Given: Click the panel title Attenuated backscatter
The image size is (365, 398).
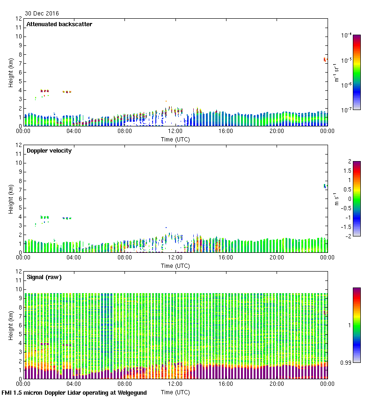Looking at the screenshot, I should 59,24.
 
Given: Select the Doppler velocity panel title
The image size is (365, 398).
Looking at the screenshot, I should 49,151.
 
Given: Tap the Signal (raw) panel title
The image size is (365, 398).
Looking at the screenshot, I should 44,277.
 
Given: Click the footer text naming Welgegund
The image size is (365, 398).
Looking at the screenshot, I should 74,393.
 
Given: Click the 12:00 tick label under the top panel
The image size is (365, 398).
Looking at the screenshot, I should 175,132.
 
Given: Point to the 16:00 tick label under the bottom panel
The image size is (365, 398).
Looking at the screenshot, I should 226,384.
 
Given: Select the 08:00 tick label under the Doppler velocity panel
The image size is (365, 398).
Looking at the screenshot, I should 124,258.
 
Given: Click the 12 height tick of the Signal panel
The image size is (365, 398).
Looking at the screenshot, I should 19,272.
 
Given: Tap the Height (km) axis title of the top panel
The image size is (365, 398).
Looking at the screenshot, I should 10,72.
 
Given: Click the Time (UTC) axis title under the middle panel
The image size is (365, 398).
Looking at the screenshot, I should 175,265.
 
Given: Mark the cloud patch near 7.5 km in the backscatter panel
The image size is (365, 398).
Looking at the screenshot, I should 325,60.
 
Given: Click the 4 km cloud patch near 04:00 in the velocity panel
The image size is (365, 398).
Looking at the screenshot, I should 67,218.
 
